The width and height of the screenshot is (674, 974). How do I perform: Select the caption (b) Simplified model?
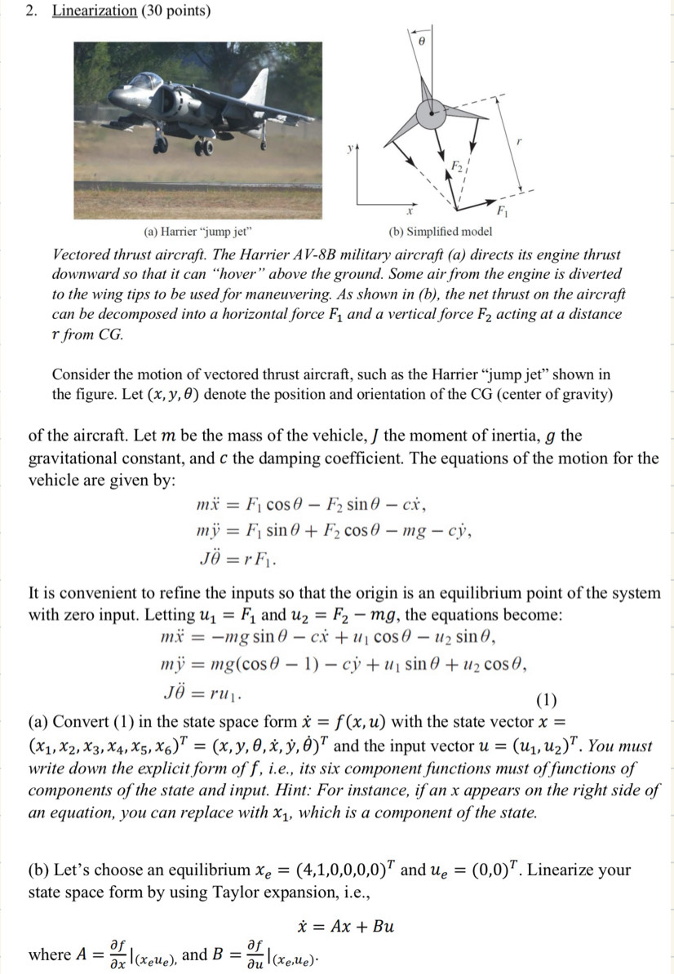click(x=441, y=232)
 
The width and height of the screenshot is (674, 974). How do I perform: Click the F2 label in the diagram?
click(x=461, y=170)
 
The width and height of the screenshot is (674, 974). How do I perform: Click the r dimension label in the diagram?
click(x=517, y=140)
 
